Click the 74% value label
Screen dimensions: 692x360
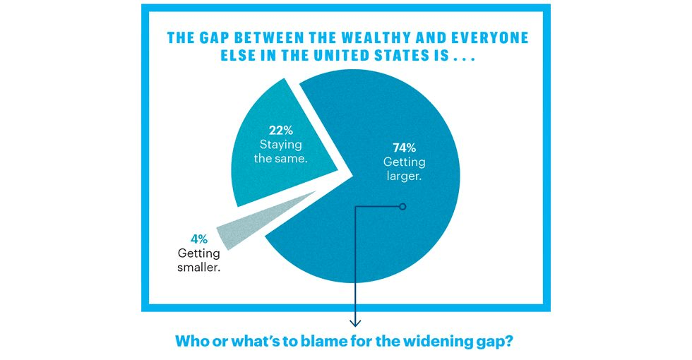[x=404, y=148]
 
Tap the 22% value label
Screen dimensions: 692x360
[x=281, y=131]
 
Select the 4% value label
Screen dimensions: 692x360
[x=199, y=239]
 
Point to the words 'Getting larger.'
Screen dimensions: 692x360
[x=404, y=169]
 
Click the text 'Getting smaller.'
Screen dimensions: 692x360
[x=199, y=260]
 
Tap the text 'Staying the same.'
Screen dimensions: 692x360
[x=281, y=152]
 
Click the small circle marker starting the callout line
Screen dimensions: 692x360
[x=402, y=206]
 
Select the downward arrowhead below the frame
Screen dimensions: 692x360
[x=355, y=323]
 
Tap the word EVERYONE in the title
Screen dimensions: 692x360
[x=491, y=38]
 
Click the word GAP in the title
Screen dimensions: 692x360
[x=215, y=38]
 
